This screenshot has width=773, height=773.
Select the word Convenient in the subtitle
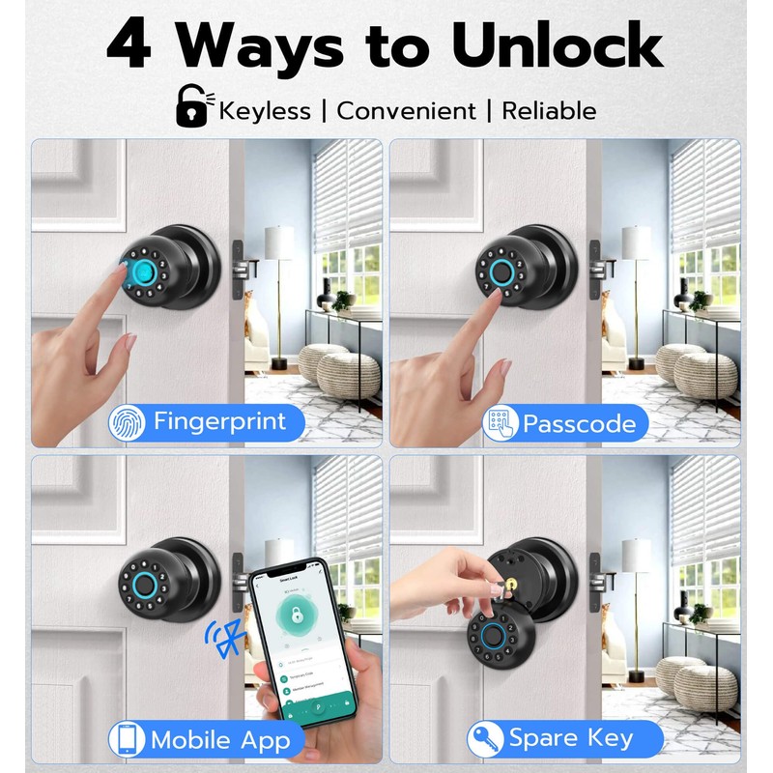[405, 110]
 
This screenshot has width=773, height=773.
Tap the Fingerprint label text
[220, 422]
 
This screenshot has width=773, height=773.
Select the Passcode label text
[579, 423]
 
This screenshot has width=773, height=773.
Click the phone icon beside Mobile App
[127, 740]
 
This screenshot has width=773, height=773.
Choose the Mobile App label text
[220, 740]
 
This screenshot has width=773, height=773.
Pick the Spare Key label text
[571, 740]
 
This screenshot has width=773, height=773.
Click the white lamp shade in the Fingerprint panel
[278, 243]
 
